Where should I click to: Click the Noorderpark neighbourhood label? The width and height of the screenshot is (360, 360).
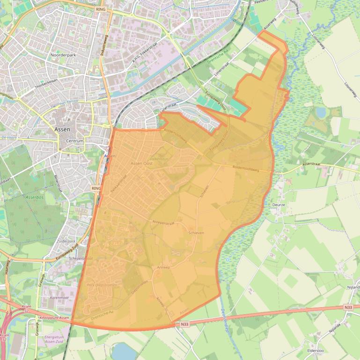62,55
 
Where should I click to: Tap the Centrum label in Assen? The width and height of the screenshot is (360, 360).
74,141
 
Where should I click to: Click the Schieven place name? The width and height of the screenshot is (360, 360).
196,232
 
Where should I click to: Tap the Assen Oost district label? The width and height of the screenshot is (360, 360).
141,163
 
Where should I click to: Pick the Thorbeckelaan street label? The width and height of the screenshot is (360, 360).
48,87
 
